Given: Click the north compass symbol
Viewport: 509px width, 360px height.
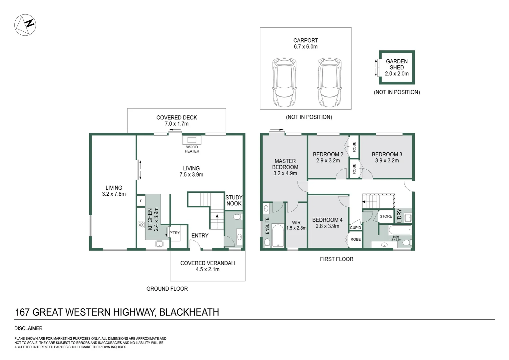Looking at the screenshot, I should pos(25,25).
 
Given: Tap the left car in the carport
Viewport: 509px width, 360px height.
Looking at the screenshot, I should pos(284,82).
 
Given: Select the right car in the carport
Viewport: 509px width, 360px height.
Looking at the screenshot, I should pos(329,82).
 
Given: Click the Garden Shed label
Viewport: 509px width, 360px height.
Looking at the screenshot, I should pos(396,64).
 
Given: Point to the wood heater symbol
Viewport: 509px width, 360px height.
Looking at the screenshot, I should pos(192,140).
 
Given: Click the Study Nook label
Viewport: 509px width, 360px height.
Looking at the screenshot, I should pos(234,200).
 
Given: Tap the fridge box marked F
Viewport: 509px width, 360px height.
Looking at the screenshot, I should pos(141,201).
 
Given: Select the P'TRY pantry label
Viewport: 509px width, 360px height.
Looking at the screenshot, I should pos(175,233).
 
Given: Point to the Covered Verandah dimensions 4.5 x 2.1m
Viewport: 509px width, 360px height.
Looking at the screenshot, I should pos(208,269).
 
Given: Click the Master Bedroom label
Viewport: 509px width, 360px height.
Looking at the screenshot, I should pos(285,164).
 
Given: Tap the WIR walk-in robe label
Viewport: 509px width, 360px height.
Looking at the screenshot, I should pos(296,223).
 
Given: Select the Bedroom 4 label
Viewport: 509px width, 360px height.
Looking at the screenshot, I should pos(327,220).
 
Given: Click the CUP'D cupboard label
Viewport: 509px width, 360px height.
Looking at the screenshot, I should pos(355,228).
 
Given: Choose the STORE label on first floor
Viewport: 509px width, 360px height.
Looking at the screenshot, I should pos(386,216).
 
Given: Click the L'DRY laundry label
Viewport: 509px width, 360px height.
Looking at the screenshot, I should pos(399,216).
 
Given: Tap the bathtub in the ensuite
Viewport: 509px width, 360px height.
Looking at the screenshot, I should pos(277,236).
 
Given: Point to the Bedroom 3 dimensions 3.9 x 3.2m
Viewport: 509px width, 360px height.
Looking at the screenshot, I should pos(387,160).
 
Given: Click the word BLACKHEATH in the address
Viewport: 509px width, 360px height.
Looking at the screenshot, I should pos(189,312).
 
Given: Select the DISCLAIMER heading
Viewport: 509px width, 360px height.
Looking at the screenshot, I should pos(28,328).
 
